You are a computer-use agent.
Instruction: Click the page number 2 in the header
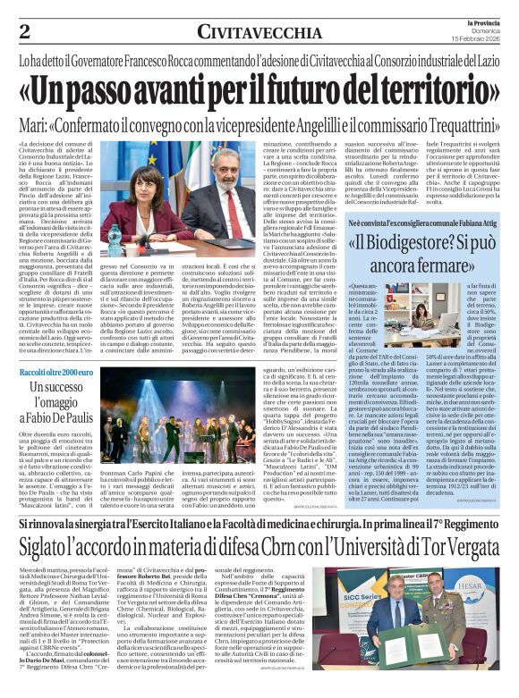click(x=24, y=31)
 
